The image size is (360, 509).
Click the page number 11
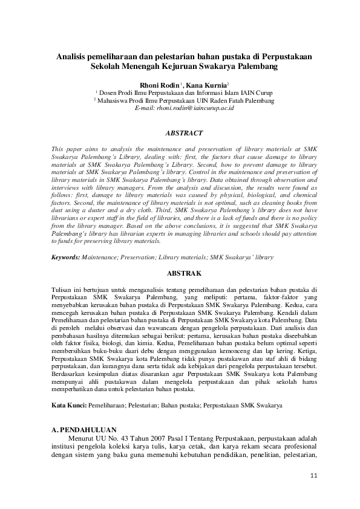pos(313,475)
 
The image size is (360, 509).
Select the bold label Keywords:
pos(66,257)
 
